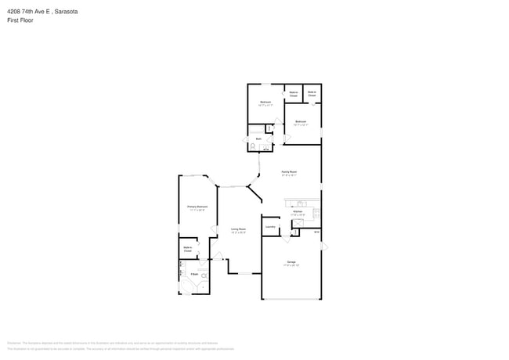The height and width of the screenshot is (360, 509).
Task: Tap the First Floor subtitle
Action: point(20,21)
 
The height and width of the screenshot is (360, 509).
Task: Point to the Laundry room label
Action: point(271,226)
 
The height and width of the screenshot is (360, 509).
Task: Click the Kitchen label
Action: point(298,211)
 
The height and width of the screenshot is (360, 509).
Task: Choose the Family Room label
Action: point(289,171)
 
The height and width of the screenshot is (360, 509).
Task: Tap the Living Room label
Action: point(238,229)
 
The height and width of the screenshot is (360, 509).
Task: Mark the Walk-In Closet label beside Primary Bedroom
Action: point(188,249)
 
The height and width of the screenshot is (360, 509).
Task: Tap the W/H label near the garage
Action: point(316,232)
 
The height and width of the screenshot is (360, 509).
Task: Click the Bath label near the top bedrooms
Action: point(258,139)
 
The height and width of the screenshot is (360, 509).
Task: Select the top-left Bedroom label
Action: point(265,102)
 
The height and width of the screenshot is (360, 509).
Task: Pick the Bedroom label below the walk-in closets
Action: point(301,121)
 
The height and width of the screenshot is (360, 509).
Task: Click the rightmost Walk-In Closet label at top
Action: point(312,93)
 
